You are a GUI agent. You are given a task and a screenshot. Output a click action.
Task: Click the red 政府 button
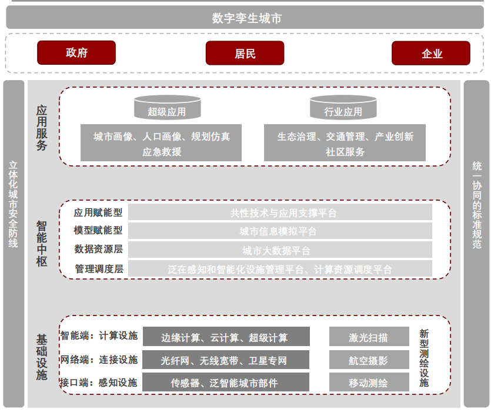click(x=76, y=53)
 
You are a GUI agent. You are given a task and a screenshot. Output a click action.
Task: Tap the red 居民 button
click(x=245, y=53)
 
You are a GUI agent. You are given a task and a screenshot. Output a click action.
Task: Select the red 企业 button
click(x=431, y=53)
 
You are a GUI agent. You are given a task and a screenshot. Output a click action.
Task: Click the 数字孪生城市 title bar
click(x=246, y=18)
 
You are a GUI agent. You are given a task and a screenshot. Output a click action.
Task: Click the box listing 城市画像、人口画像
click(x=161, y=144)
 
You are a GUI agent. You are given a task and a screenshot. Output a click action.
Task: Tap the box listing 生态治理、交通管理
click(x=345, y=144)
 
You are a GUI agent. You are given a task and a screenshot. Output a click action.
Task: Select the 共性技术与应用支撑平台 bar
click(x=280, y=212)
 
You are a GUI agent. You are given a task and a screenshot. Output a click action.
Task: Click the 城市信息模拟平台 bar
click(x=280, y=231)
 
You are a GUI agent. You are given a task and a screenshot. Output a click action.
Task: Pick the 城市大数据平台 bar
click(x=280, y=250)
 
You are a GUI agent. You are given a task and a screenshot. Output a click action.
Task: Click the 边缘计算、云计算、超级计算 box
click(x=226, y=337)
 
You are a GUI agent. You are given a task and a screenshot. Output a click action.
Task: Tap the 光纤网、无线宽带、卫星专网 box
click(x=226, y=360)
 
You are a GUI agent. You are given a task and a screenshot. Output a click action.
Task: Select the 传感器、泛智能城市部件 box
click(x=226, y=383)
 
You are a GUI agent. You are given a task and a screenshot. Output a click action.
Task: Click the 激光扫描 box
click(x=369, y=337)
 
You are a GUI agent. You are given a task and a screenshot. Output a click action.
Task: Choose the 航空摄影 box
click(x=369, y=360)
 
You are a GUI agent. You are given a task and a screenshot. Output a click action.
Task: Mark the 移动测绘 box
click(x=369, y=383)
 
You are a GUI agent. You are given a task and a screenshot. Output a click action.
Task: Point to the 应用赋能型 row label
click(x=98, y=212)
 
